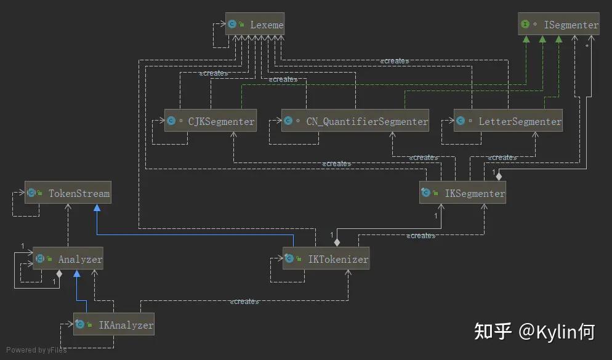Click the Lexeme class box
click(x=254, y=25)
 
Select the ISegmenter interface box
click(x=558, y=25)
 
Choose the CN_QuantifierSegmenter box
click(x=355, y=121)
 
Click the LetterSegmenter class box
click(x=509, y=121)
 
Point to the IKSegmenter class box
click(x=462, y=193)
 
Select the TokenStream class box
click(x=68, y=193)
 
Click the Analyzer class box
click(x=68, y=260)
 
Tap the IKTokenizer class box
click(x=326, y=259)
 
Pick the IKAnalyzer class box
click(x=114, y=324)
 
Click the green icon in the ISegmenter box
click(x=525, y=25)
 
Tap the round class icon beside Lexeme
click(x=232, y=25)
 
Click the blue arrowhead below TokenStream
click(x=97, y=209)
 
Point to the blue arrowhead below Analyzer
click(x=76, y=275)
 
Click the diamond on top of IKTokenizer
click(x=337, y=242)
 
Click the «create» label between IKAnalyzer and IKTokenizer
click(x=244, y=302)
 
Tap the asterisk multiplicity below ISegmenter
click(x=587, y=46)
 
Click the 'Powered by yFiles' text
click(x=36, y=350)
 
